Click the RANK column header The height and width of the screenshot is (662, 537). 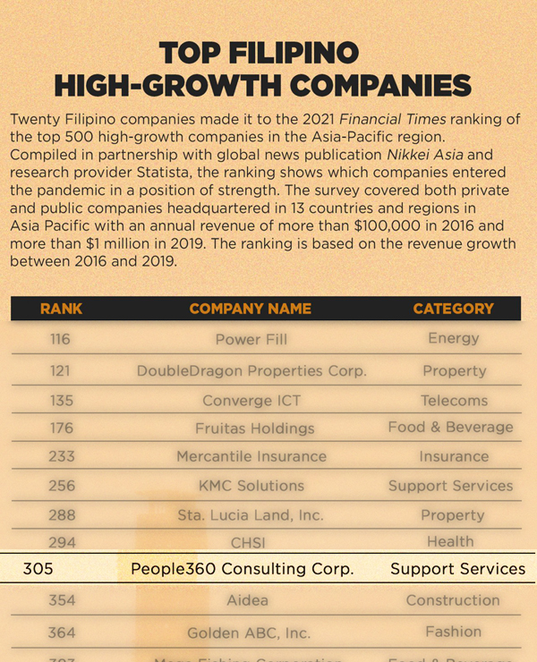61,309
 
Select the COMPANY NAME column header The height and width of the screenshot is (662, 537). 251,309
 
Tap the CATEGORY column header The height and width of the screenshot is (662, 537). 453,309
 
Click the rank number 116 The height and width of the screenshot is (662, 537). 61,339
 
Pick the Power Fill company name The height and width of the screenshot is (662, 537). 251,340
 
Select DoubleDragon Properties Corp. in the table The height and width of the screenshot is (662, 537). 251,370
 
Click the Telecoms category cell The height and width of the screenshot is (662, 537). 454,401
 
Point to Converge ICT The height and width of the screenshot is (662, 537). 250,401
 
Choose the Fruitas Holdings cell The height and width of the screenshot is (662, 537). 255,429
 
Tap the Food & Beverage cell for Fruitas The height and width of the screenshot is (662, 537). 450,428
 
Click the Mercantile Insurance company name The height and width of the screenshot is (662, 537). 251,456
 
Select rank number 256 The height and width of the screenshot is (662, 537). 62,486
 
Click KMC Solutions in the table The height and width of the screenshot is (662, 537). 251,486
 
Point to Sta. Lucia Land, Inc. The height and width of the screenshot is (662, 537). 251,515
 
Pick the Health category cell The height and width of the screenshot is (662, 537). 450,541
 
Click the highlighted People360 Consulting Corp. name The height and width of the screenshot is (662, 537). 242,569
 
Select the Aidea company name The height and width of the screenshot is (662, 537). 247,600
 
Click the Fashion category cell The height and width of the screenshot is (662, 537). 453,632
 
